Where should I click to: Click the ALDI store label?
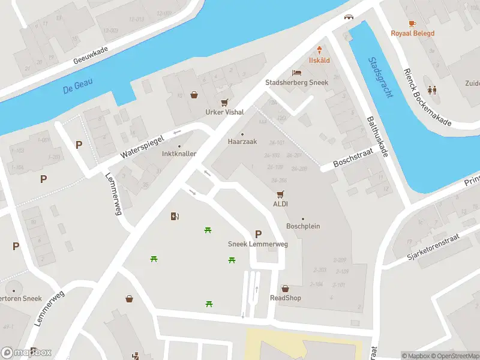click(280, 204)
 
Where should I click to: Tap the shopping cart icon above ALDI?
click(280, 194)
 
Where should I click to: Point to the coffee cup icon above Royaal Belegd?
click(412, 23)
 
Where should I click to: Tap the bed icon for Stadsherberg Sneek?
click(296, 73)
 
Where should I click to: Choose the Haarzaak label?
click(242, 142)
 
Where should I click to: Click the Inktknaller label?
click(179, 154)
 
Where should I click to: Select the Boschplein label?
click(303, 227)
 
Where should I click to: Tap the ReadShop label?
click(285, 298)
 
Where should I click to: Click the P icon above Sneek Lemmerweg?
click(258, 234)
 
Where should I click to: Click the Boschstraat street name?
click(353, 157)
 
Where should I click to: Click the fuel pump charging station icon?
click(175, 216)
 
